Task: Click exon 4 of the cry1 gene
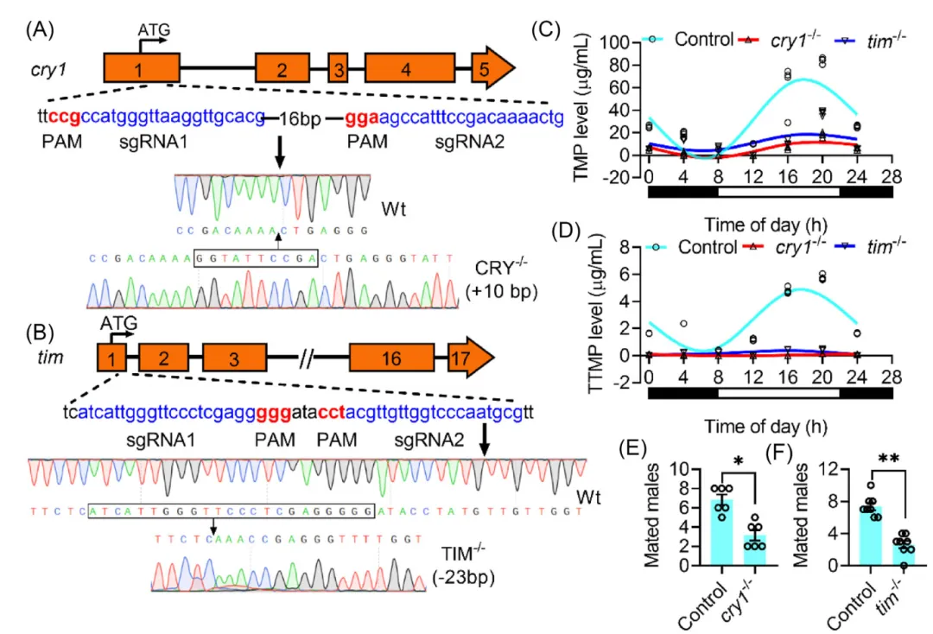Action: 406,68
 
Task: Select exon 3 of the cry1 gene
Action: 339,68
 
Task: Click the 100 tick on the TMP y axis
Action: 626,42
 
